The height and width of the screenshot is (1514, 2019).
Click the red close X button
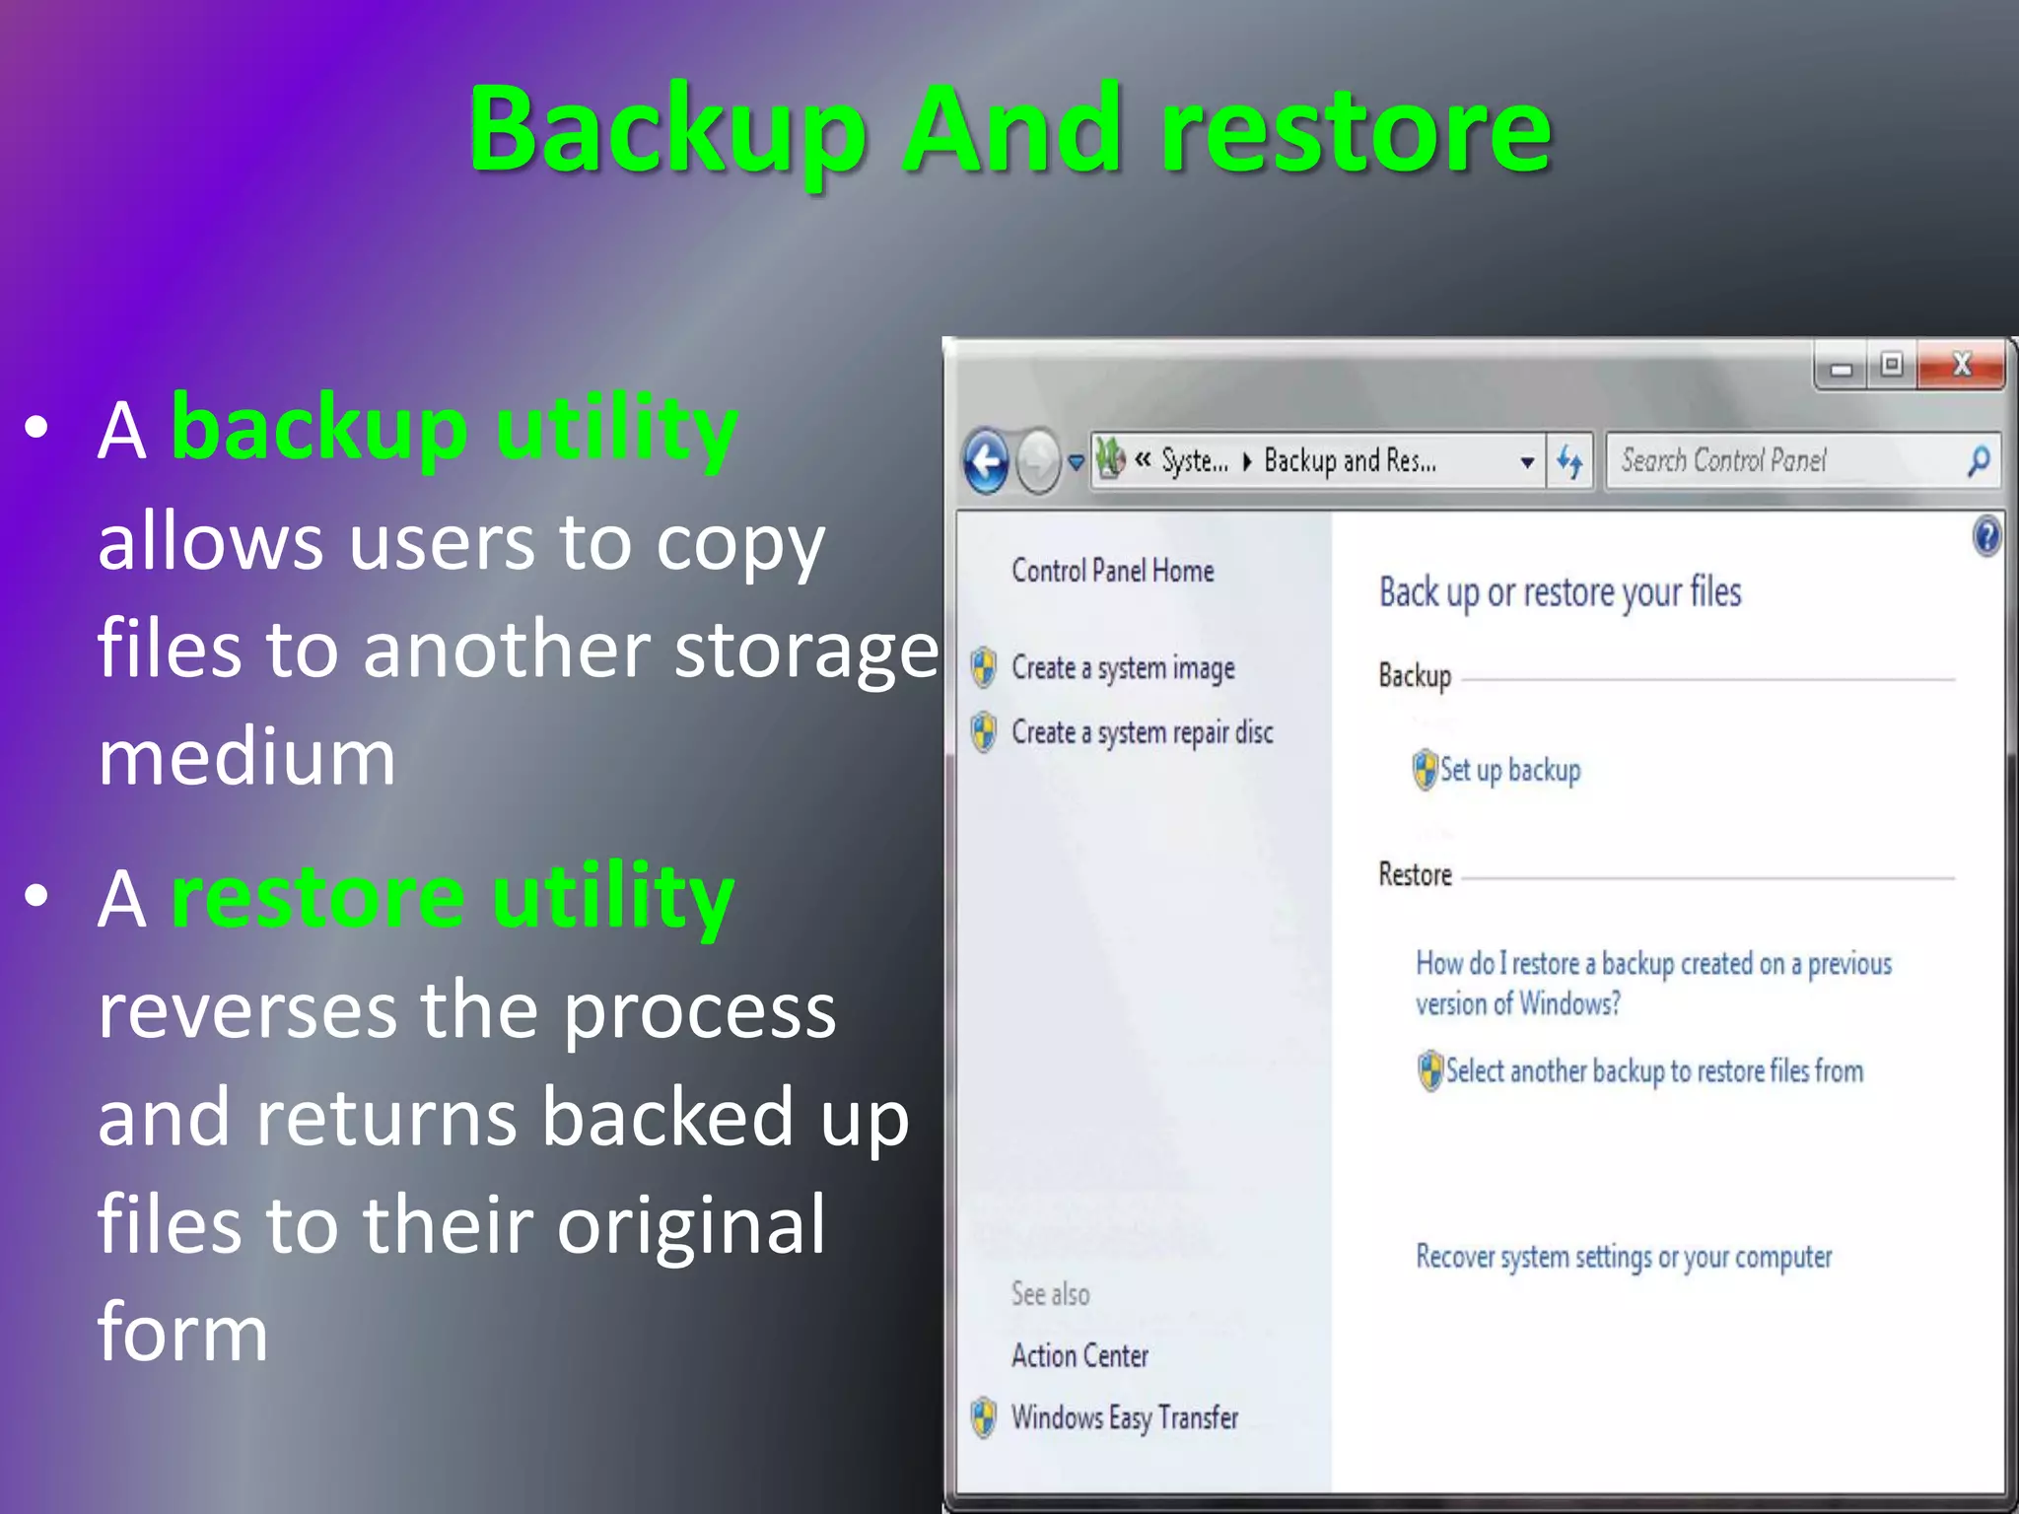1961,366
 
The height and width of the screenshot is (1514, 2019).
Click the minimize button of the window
1841,368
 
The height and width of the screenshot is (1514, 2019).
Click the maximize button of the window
1891,366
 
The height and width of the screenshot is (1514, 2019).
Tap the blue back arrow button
987,461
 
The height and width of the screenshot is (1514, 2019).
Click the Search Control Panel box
1784,460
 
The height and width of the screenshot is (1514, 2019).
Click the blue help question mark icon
1986,537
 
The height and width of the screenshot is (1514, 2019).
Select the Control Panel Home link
1112,571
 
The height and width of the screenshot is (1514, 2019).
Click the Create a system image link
1123,668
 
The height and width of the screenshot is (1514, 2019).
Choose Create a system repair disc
1142,732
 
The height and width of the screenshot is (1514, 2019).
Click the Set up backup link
1509,770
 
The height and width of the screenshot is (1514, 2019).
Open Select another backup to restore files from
1653,1071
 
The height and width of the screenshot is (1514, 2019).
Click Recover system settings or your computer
1623,1257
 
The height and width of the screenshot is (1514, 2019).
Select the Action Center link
1079,1356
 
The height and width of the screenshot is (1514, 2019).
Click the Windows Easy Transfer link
1124,1417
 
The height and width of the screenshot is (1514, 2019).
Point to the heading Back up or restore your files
1560,592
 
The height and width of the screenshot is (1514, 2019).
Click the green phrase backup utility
454,428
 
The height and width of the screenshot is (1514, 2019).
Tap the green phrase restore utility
453,897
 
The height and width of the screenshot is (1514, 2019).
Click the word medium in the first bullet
246,758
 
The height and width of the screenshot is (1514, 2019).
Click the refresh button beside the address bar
1568,461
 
